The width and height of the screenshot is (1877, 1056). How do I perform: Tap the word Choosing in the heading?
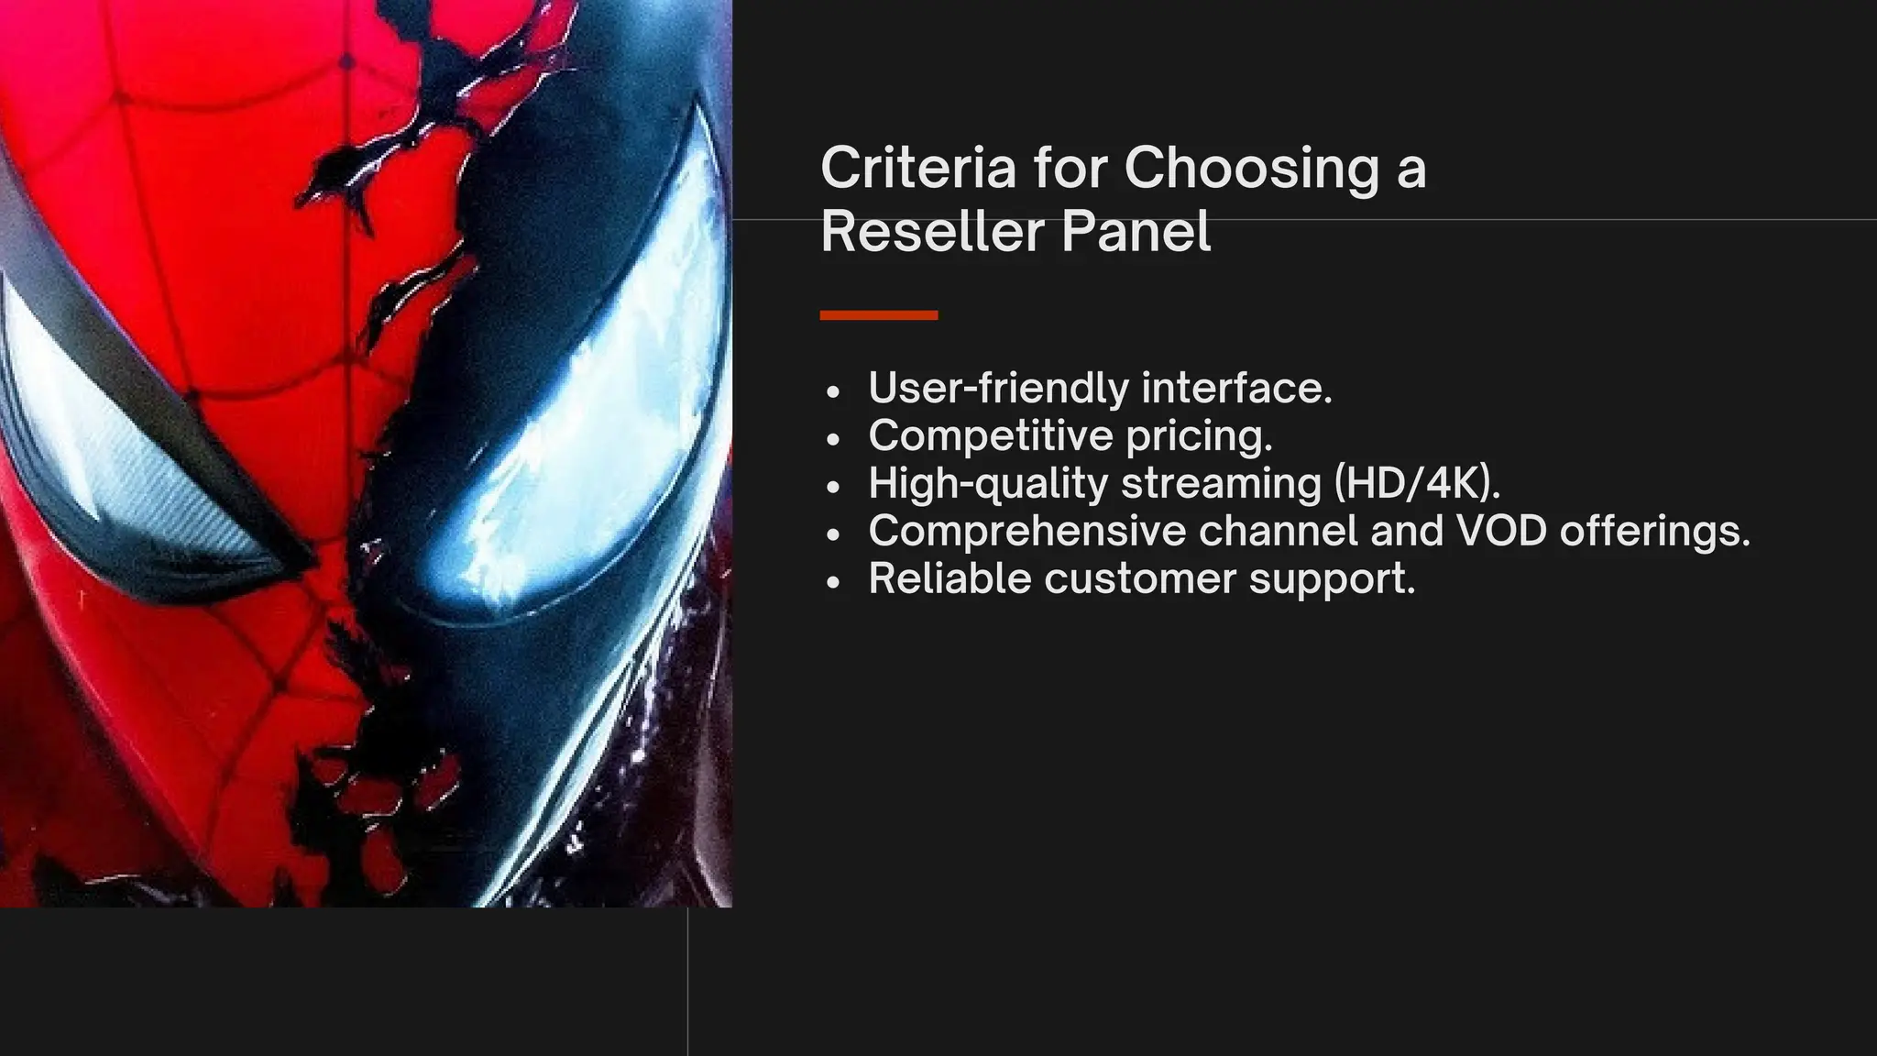(x=1251, y=170)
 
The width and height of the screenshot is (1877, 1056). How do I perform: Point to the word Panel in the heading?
(x=1136, y=231)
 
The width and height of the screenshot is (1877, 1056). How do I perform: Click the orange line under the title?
(x=878, y=315)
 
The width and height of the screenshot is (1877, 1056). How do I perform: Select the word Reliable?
(x=949, y=578)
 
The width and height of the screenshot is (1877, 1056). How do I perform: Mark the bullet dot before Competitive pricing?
(x=832, y=439)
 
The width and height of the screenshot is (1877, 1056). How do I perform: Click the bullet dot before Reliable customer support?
(x=832, y=582)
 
